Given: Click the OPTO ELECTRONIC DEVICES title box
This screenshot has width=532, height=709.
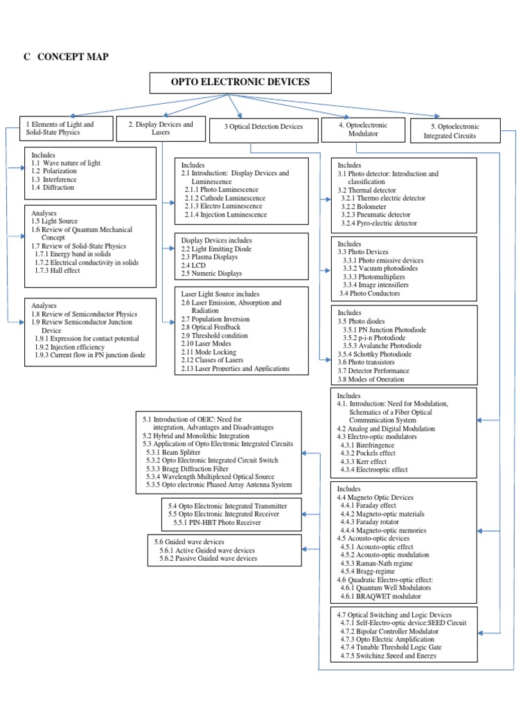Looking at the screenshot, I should coord(240,82).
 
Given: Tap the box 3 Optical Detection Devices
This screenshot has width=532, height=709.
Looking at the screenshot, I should coord(263,127).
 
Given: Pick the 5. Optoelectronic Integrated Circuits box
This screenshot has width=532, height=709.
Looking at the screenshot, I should coord(454,131).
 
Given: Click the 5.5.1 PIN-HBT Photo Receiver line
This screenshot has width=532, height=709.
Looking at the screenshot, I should coord(218,523).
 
